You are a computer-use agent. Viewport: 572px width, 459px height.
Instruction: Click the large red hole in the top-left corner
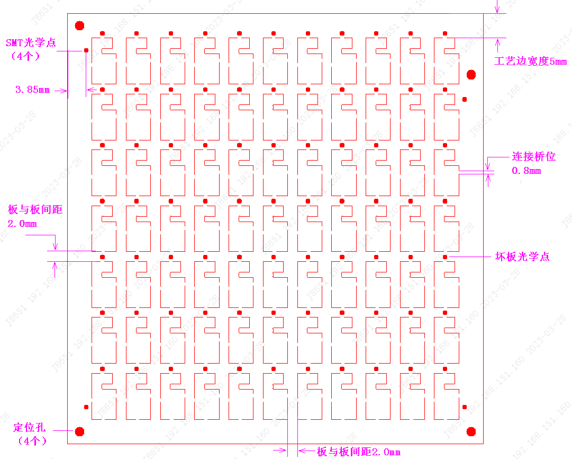80,25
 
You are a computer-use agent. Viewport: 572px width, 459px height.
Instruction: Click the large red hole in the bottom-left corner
80,431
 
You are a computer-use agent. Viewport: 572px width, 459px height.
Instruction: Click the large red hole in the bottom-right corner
471,431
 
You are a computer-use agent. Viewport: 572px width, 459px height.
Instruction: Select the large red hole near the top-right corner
471,74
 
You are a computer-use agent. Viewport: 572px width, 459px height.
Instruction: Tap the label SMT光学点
31,42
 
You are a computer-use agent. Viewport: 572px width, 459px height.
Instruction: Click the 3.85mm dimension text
33,90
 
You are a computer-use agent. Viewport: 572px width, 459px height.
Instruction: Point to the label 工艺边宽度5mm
530,61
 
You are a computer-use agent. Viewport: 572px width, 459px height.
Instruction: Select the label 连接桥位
533,157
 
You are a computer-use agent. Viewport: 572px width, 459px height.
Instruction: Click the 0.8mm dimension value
526,171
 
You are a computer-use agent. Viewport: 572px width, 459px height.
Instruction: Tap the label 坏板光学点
522,257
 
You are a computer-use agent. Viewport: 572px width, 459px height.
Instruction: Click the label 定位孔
30,427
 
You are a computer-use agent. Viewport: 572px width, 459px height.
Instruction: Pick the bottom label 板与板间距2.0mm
358,452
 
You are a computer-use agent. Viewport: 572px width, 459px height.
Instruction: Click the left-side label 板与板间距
35,209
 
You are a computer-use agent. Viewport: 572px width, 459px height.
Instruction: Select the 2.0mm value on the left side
22,224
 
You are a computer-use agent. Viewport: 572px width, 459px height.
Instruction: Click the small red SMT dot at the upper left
86,50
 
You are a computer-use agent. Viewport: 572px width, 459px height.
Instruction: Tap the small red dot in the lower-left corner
86,407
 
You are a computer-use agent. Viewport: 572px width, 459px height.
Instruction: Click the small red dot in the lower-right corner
465,407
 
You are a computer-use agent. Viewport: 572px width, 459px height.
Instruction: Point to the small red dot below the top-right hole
465,99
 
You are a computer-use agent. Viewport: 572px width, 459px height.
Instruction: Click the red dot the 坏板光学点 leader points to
445,257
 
